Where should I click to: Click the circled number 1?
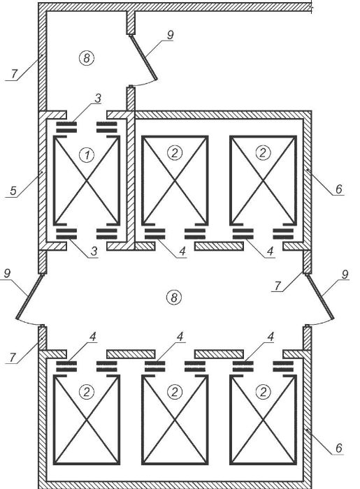pyautogui.click(x=87, y=154)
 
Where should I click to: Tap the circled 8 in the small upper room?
pyautogui.click(x=87, y=58)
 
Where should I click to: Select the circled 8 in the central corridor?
pyautogui.click(x=174, y=298)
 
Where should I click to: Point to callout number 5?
pyautogui.click(x=13, y=191)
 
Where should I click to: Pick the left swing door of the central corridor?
pyautogui.click(x=29, y=297)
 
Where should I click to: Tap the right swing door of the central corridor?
pyautogui.click(x=320, y=297)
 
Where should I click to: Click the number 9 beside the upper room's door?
pyautogui.click(x=170, y=35)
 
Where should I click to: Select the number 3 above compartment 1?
pyautogui.click(x=98, y=98)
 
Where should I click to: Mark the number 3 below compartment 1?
pyautogui.click(x=94, y=251)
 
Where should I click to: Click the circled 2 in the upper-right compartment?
pyautogui.click(x=263, y=153)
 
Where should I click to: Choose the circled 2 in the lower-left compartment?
pyautogui.click(x=87, y=392)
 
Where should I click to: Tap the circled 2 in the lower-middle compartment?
pyautogui.click(x=174, y=392)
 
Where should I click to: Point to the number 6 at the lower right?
pyautogui.click(x=339, y=448)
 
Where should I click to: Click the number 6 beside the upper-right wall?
pyautogui.click(x=339, y=189)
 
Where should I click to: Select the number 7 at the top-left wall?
pyautogui.click(x=14, y=74)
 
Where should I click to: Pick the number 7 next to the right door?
pyautogui.click(x=278, y=285)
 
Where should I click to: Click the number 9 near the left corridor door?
pyautogui.click(x=7, y=274)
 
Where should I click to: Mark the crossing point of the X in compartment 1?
pyautogui.click(x=87, y=180)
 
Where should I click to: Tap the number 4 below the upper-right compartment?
pyautogui.click(x=270, y=251)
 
